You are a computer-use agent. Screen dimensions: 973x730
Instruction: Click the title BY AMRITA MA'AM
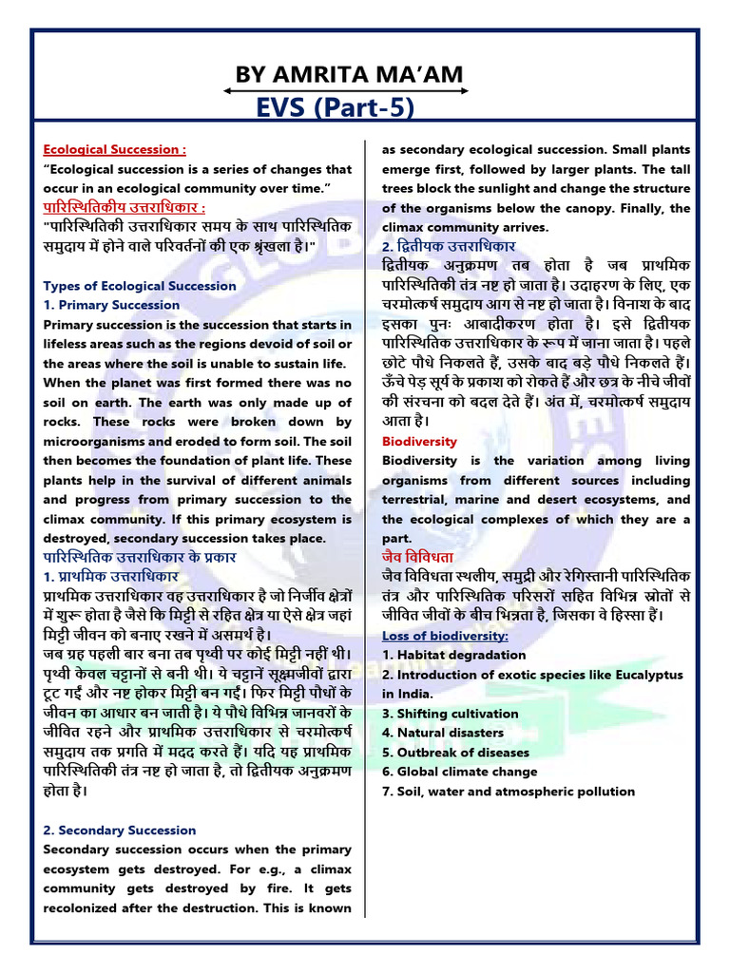point(346,73)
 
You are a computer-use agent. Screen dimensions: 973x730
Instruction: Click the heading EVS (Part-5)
point(345,109)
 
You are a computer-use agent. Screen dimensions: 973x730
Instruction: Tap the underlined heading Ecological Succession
point(114,149)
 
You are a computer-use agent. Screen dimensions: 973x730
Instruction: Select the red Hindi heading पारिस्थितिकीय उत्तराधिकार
point(125,207)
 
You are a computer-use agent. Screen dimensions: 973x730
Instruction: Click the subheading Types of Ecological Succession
point(140,285)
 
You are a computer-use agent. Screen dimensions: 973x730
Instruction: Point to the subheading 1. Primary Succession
point(111,305)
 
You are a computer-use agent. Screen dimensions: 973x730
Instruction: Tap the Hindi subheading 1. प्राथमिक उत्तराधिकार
point(111,577)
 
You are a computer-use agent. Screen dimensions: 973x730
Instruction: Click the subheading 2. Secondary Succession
point(120,830)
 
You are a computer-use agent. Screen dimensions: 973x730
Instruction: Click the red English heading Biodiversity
point(419,442)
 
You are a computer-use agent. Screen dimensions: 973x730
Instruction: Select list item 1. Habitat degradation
point(453,655)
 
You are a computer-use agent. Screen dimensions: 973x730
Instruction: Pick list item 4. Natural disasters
point(442,733)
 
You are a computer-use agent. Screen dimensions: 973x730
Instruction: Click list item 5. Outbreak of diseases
point(455,752)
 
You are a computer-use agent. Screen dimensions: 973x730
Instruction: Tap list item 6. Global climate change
point(459,772)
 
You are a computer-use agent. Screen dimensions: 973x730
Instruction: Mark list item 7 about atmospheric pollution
point(508,791)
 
